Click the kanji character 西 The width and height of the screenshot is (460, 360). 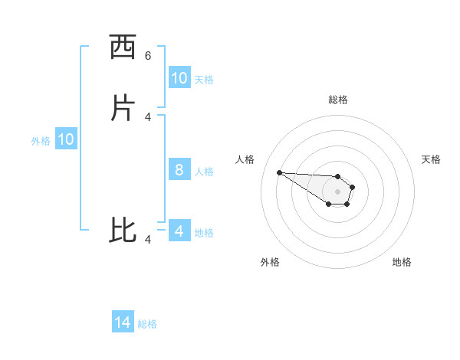pyautogui.click(x=123, y=47)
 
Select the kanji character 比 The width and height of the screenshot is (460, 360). pyautogui.click(x=123, y=231)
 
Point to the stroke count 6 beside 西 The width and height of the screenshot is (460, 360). pyautogui.click(x=148, y=55)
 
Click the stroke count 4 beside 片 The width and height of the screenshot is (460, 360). pyautogui.click(x=148, y=116)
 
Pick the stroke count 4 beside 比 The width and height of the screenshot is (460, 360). pyautogui.click(x=148, y=240)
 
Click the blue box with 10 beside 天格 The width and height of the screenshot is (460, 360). pyautogui.click(x=179, y=78)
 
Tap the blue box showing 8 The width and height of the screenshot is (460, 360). pyautogui.click(x=179, y=170)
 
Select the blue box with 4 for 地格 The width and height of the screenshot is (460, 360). pyautogui.click(x=179, y=231)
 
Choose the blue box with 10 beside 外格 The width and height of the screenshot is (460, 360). pyautogui.click(x=66, y=139)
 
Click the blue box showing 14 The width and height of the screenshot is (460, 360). pyautogui.click(x=123, y=323)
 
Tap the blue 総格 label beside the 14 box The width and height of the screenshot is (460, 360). pyautogui.click(x=147, y=324)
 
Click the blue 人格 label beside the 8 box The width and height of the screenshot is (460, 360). pyautogui.click(x=204, y=171)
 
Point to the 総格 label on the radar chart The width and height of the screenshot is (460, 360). pyautogui.click(x=337, y=100)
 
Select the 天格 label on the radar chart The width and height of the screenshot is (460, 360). pyautogui.click(x=431, y=159)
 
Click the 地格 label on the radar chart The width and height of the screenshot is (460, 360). pyautogui.click(x=402, y=262)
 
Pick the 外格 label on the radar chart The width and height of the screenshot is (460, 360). pyautogui.click(x=270, y=262)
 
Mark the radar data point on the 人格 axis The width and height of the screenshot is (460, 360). pyautogui.click(x=279, y=172)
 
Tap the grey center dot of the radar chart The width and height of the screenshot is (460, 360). pyautogui.click(x=337, y=191)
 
